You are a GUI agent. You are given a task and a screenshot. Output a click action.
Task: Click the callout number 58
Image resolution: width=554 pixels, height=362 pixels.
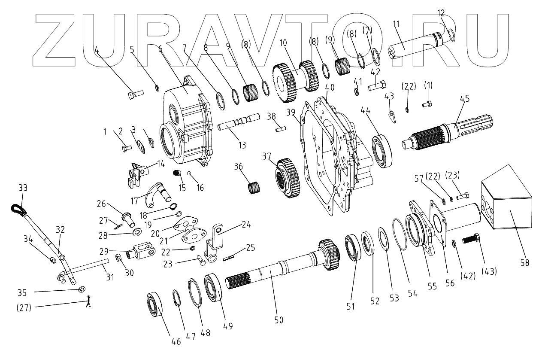pyautogui.click(x=524, y=262)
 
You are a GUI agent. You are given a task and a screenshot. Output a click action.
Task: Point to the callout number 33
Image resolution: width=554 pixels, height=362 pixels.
pyautogui.click(x=22, y=188)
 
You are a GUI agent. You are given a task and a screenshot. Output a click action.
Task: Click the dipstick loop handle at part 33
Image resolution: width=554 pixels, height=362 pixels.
pyautogui.click(x=18, y=210)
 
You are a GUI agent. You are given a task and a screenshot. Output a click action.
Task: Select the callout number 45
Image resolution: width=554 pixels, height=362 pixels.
pyautogui.click(x=465, y=98)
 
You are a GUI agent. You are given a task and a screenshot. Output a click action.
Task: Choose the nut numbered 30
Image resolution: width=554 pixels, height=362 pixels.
pyautogui.click(x=119, y=259)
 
